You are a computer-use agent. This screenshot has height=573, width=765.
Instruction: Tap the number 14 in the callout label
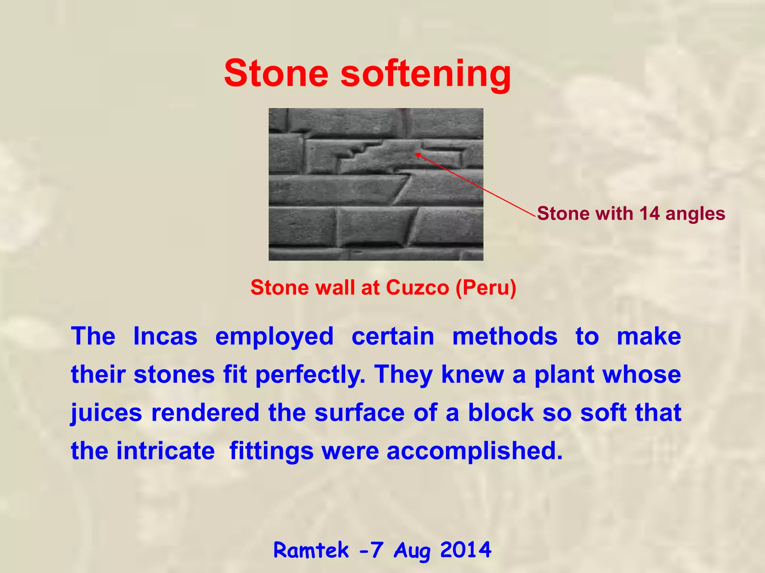(x=650, y=213)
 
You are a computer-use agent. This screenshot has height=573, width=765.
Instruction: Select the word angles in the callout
(x=695, y=214)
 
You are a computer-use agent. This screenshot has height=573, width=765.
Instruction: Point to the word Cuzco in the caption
(x=417, y=288)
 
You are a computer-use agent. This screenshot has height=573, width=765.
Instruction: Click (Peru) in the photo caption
(x=486, y=288)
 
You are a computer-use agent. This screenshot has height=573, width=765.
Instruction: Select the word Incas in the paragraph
(x=165, y=336)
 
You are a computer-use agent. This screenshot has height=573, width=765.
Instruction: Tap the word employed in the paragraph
(x=274, y=337)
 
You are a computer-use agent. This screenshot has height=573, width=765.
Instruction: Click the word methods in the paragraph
(x=505, y=336)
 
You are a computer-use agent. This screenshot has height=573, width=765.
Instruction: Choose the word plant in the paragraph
(x=564, y=375)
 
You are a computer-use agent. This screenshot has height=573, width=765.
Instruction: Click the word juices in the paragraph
(x=106, y=413)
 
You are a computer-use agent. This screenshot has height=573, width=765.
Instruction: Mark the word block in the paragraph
(x=501, y=413)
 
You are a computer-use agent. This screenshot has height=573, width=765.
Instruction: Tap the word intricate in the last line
(x=165, y=451)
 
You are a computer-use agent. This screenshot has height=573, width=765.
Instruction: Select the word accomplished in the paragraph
(x=474, y=451)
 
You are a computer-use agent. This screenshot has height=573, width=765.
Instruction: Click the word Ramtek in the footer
(x=311, y=550)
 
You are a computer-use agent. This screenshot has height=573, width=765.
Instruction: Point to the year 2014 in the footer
(x=465, y=549)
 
